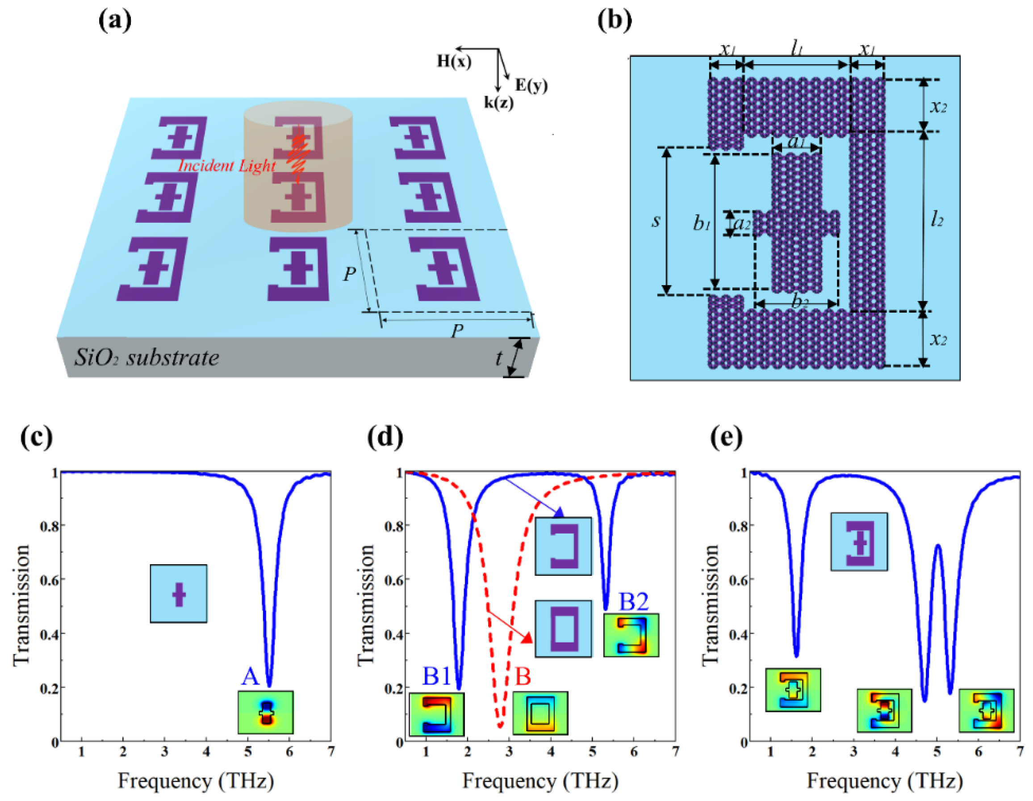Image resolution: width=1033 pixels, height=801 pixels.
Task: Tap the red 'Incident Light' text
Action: pyautogui.click(x=226, y=166)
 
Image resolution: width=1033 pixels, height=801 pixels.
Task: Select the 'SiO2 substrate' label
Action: pyautogui.click(x=146, y=358)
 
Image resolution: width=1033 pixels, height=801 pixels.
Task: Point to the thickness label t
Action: pyautogui.click(x=498, y=358)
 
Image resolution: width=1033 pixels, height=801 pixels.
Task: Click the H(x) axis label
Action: pyautogui.click(x=454, y=61)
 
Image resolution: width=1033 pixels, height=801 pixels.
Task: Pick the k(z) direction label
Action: pyautogui.click(x=498, y=102)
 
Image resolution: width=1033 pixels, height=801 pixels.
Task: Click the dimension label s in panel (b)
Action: pyautogui.click(x=656, y=221)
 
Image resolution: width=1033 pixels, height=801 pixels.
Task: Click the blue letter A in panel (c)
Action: pyautogui.click(x=250, y=676)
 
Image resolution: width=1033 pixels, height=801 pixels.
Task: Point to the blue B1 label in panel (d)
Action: pyautogui.click(x=436, y=676)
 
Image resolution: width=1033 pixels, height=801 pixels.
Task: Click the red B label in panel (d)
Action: pyautogui.click(x=523, y=676)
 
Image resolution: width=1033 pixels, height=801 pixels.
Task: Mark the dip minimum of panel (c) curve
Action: pyautogui.click(x=269, y=686)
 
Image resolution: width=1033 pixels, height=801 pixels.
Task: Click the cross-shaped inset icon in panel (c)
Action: pyautogui.click(x=178, y=593)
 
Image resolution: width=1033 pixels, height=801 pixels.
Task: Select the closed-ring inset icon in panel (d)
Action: pyautogui.click(x=563, y=629)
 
